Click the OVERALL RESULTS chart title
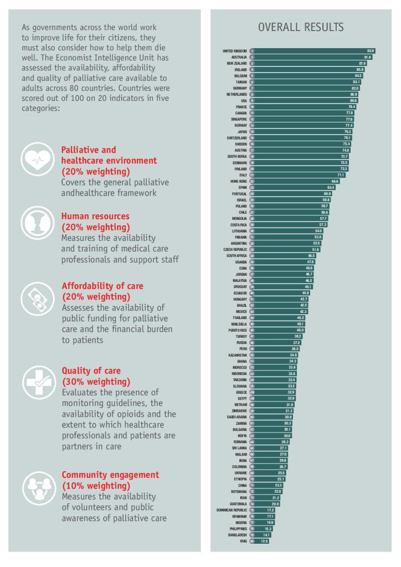pyautogui.click(x=301, y=27)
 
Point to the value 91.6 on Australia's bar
pyautogui.click(x=367, y=57)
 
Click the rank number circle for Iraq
pyautogui.click(x=251, y=541)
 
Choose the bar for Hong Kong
pyautogui.click(x=294, y=181)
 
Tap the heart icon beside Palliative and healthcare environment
pyautogui.click(x=38, y=159)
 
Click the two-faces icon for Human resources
pyautogui.click(x=38, y=223)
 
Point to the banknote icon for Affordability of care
pyautogui.click(x=38, y=299)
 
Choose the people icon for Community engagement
pyautogui.click(x=38, y=488)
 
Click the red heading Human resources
pyautogui.click(x=95, y=217)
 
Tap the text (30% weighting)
pyautogui.click(x=96, y=382)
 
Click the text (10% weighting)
pyautogui.click(x=96, y=486)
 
